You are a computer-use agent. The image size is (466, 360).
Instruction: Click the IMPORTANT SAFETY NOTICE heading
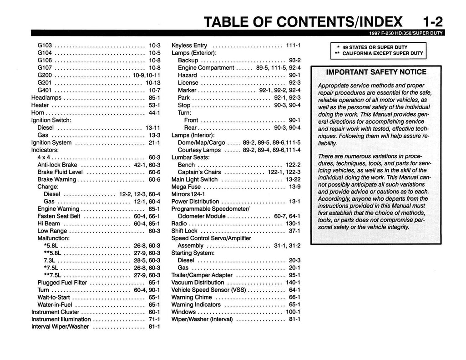coord(376,72)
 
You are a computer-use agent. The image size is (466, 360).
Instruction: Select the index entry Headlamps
coord(46,97)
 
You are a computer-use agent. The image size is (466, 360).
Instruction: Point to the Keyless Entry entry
coord(189,46)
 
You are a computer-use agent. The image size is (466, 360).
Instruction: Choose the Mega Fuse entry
coord(186,187)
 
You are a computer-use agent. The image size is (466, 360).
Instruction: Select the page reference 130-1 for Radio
coord(293,223)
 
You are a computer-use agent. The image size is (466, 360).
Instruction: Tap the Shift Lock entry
coord(184,231)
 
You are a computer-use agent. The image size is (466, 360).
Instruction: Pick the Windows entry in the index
coord(184,312)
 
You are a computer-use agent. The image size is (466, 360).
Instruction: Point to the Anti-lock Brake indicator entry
coord(57,164)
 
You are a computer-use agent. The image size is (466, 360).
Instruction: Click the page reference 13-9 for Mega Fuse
coord(294,187)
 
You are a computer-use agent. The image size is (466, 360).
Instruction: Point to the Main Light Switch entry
coord(194,179)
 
